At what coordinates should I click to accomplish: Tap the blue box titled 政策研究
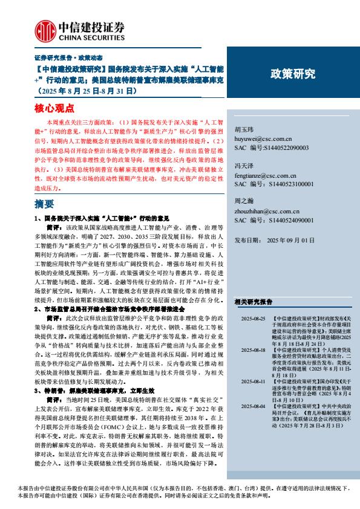pyautogui.click(x=292, y=74)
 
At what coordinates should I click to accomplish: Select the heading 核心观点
pyautogui.click(x=53, y=108)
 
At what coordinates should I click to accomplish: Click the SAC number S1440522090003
pyautogui.click(x=283, y=147)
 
